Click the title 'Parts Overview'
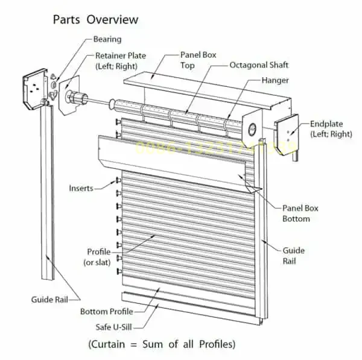click(x=95, y=19)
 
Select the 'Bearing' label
click(x=107, y=40)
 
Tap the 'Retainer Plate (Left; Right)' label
click(x=121, y=61)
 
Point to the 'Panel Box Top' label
click(x=198, y=60)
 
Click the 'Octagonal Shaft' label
click(x=259, y=65)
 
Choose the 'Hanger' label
click(x=275, y=80)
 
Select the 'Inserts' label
click(x=81, y=188)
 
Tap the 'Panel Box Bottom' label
click(x=300, y=213)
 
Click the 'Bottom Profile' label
click(x=106, y=312)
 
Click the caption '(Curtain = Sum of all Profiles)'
click(x=162, y=344)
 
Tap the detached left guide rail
click(x=46, y=193)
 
